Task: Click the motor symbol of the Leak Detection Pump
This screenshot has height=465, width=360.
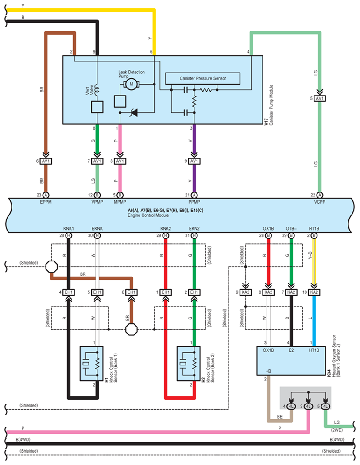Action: pos(131,83)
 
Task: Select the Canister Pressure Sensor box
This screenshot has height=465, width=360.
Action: pos(203,78)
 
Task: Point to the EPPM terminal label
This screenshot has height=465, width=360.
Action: pos(46,202)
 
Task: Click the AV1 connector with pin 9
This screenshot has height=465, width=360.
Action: pos(194,161)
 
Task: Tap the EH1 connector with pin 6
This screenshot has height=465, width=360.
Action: pos(131,292)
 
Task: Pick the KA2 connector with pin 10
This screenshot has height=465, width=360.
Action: pos(314,292)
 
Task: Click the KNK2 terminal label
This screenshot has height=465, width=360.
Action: pos(166,229)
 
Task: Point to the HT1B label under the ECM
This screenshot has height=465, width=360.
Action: pos(314,229)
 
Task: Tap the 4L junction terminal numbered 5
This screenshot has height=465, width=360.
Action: pos(325,406)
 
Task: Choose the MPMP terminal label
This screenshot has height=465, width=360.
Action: pos(120,202)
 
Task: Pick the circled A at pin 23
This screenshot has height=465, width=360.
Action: pos(46,195)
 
